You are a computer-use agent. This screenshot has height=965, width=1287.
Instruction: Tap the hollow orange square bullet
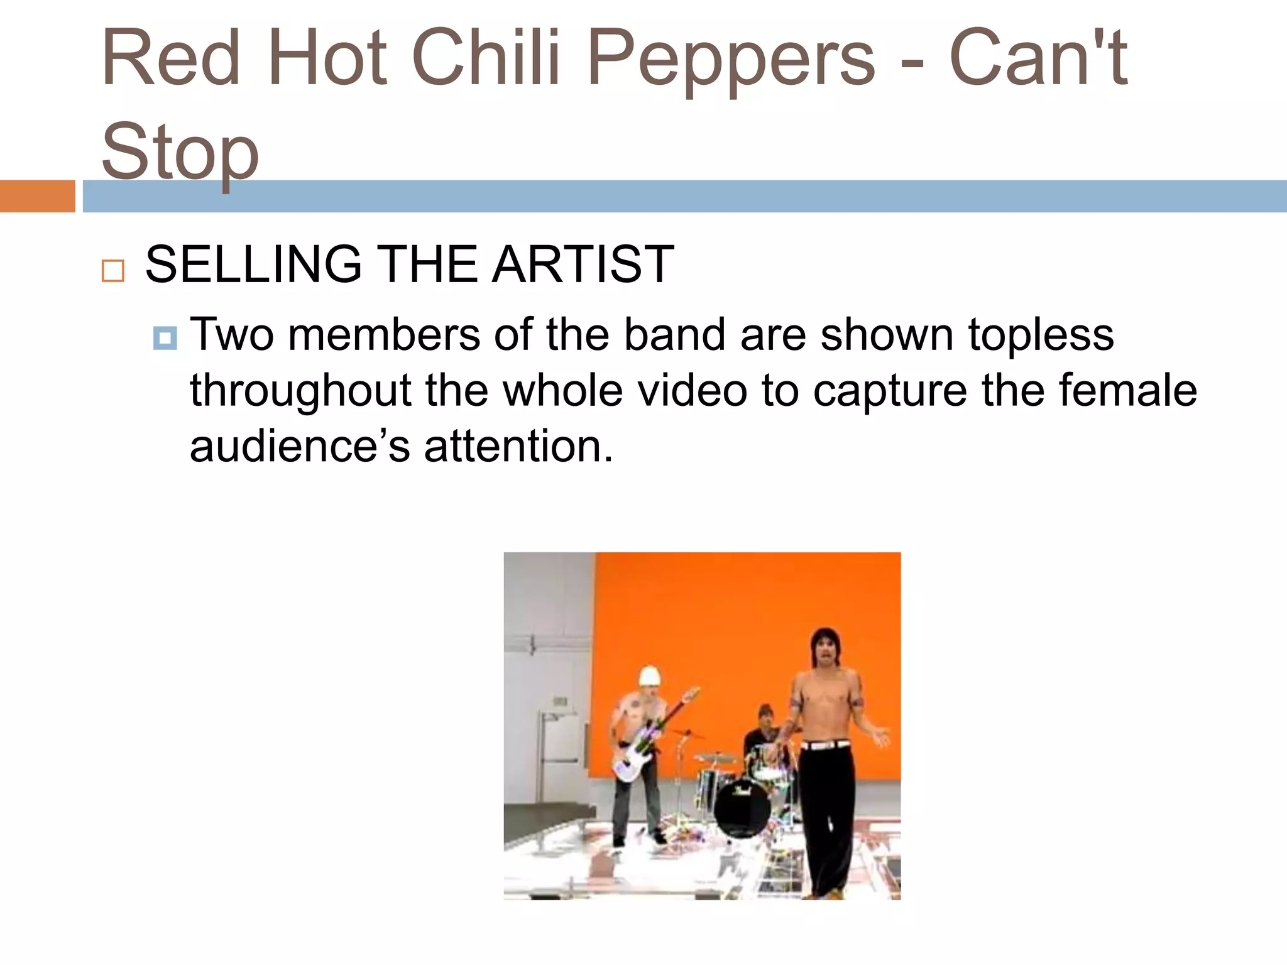(x=113, y=271)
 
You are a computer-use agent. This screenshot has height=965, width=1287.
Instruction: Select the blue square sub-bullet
(x=165, y=339)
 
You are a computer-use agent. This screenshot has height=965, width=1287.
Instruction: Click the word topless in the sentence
(x=1041, y=334)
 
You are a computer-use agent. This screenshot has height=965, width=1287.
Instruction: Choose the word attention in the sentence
(x=518, y=446)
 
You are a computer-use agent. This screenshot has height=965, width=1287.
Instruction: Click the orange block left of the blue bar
(x=37, y=196)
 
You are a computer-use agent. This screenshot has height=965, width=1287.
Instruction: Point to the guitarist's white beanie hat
(x=650, y=677)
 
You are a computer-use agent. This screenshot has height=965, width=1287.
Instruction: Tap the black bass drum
(x=742, y=808)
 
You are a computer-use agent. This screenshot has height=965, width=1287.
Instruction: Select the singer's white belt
(x=824, y=745)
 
